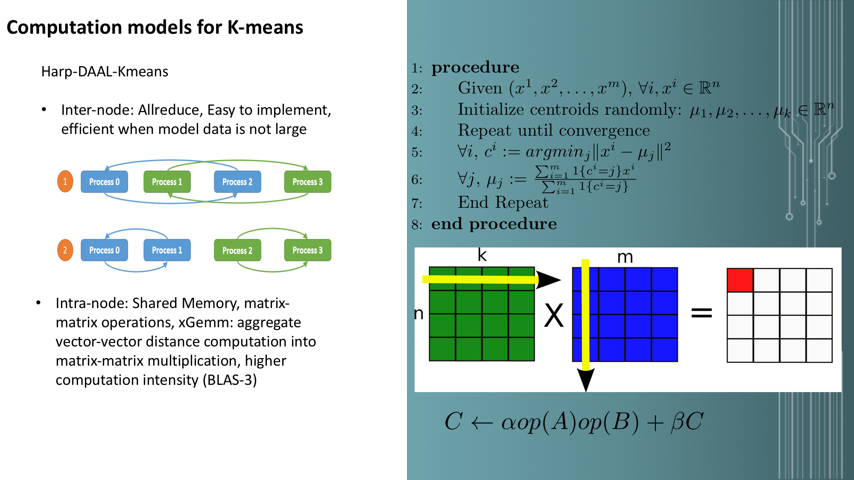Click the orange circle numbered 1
coord(65,181)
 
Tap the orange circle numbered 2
coord(65,250)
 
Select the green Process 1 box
coord(167,182)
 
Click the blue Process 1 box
coord(167,250)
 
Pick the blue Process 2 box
coord(237,182)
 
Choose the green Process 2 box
coord(237,250)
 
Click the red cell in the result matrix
coord(740,280)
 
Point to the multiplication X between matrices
coord(554,315)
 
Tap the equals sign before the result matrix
coord(702,313)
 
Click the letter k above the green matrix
coord(482,255)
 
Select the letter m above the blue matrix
coord(625,257)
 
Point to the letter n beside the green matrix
coord(419,314)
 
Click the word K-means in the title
coord(265,27)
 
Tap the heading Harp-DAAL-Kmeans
coord(105,72)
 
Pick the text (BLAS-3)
coord(230,380)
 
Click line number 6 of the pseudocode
coord(417,180)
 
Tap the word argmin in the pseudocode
coord(555,151)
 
